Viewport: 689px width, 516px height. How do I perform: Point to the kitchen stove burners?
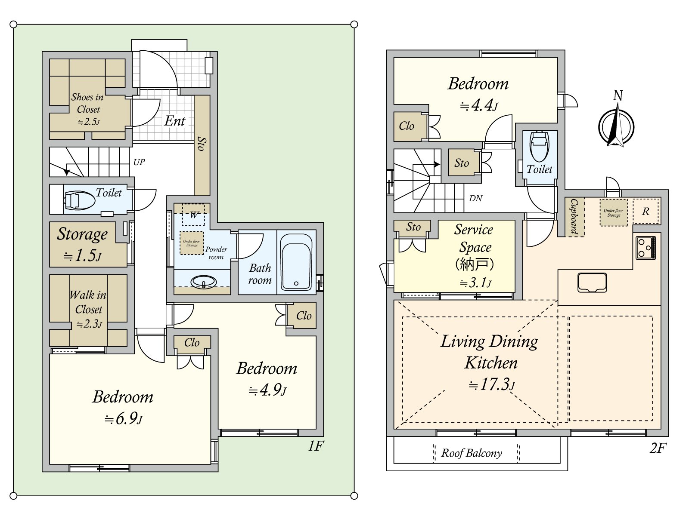point(646,248)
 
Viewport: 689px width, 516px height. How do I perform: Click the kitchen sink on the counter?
point(592,283)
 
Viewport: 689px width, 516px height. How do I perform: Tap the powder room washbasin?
point(204,282)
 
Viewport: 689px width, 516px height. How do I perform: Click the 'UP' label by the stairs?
point(139,162)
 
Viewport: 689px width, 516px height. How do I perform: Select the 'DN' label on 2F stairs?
point(475,198)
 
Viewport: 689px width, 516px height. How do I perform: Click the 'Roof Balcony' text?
point(472,453)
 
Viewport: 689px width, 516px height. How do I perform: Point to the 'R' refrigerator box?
point(646,211)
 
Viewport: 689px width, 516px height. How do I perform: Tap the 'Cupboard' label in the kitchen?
point(574,216)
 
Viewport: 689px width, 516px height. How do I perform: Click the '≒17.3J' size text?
point(491,384)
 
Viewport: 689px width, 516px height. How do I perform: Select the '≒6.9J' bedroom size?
point(123,418)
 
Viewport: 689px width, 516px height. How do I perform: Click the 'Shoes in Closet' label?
point(88,103)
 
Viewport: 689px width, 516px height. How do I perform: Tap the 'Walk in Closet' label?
point(88,302)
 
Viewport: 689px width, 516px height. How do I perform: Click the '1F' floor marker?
point(315,446)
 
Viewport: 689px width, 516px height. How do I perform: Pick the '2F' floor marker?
point(658,448)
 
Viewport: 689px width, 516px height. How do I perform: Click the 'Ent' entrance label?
point(174,121)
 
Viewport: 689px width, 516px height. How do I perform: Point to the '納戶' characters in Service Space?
point(474,264)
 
